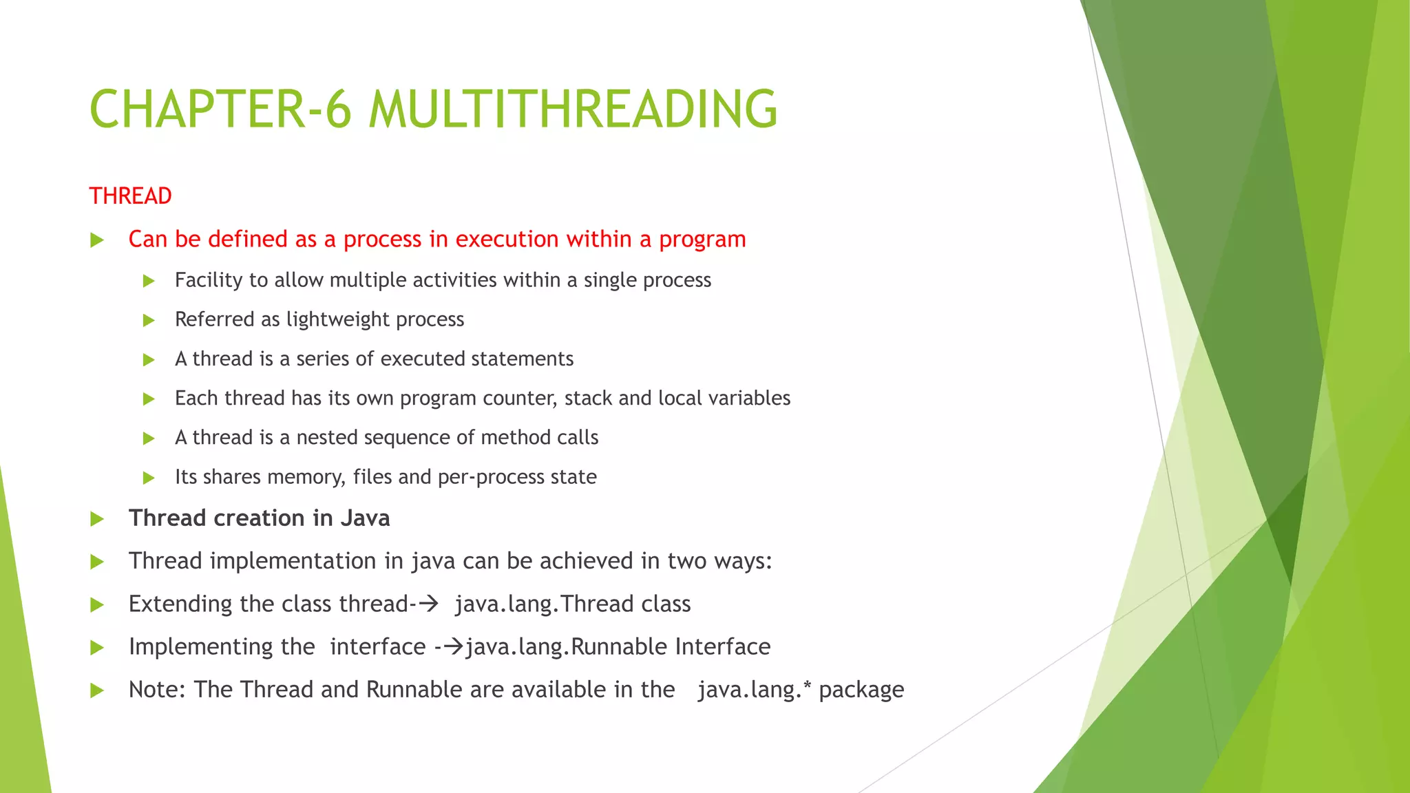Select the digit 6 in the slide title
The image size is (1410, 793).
point(338,109)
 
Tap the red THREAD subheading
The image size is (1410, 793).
point(130,196)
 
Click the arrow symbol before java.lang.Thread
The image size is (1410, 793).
point(429,604)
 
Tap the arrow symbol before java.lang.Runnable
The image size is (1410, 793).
point(454,646)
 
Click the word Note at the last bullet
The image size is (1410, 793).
point(157,690)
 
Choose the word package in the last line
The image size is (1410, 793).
point(861,690)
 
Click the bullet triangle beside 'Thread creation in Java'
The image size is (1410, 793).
point(97,519)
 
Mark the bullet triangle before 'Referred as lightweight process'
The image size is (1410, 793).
point(149,320)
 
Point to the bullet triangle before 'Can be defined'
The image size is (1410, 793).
point(97,240)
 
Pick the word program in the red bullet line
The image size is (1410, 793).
point(702,240)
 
